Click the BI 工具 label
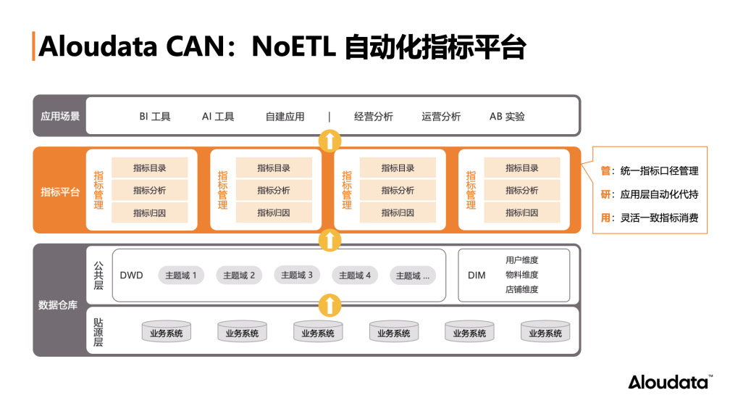[x=155, y=116]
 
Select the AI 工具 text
[x=218, y=116]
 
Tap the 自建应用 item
[x=285, y=116]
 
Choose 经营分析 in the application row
[x=374, y=116]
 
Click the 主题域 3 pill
[x=297, y=275]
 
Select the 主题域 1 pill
[x=181, y=275]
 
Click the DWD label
[x=132, y=275]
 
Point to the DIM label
[x=477, y=275]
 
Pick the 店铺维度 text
[x=521, y=289]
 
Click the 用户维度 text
[x=521, y=260]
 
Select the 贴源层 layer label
[x=98, y=331]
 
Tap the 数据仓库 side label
[x=58, y=305]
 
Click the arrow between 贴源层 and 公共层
[x=330, y=305]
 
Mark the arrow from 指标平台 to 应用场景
[x=330, y=141]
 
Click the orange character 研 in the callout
[x=605, y=194]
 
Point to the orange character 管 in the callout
[x=605, y=171]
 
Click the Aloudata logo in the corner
[x=670, y=382]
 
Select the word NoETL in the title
[x=293, y=47]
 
